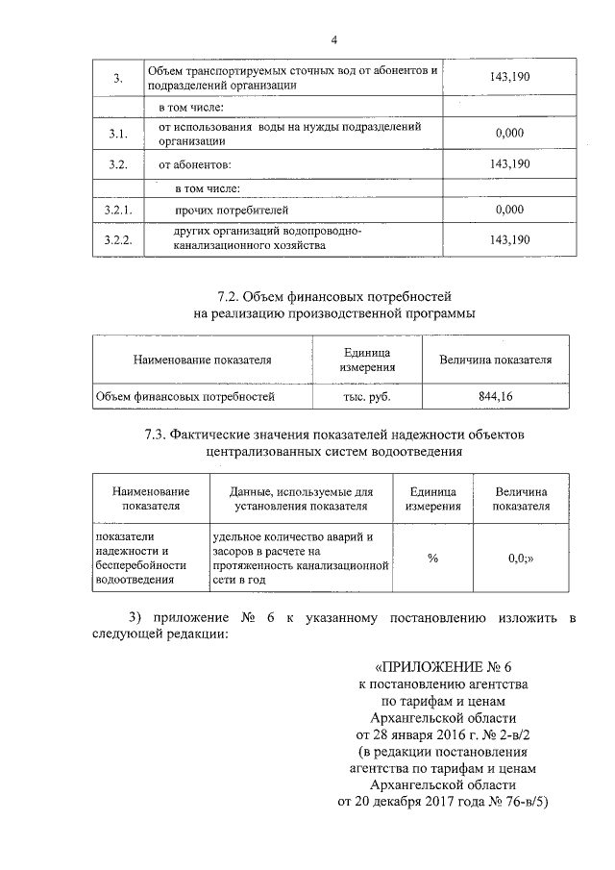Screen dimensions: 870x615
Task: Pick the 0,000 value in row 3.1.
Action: (509, 134)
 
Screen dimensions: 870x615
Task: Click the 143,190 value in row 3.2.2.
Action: (509, 238)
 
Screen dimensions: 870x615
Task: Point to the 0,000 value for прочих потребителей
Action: (509, 209)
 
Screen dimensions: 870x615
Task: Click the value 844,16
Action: (495, 395)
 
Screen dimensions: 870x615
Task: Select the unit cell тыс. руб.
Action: (367, 395)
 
